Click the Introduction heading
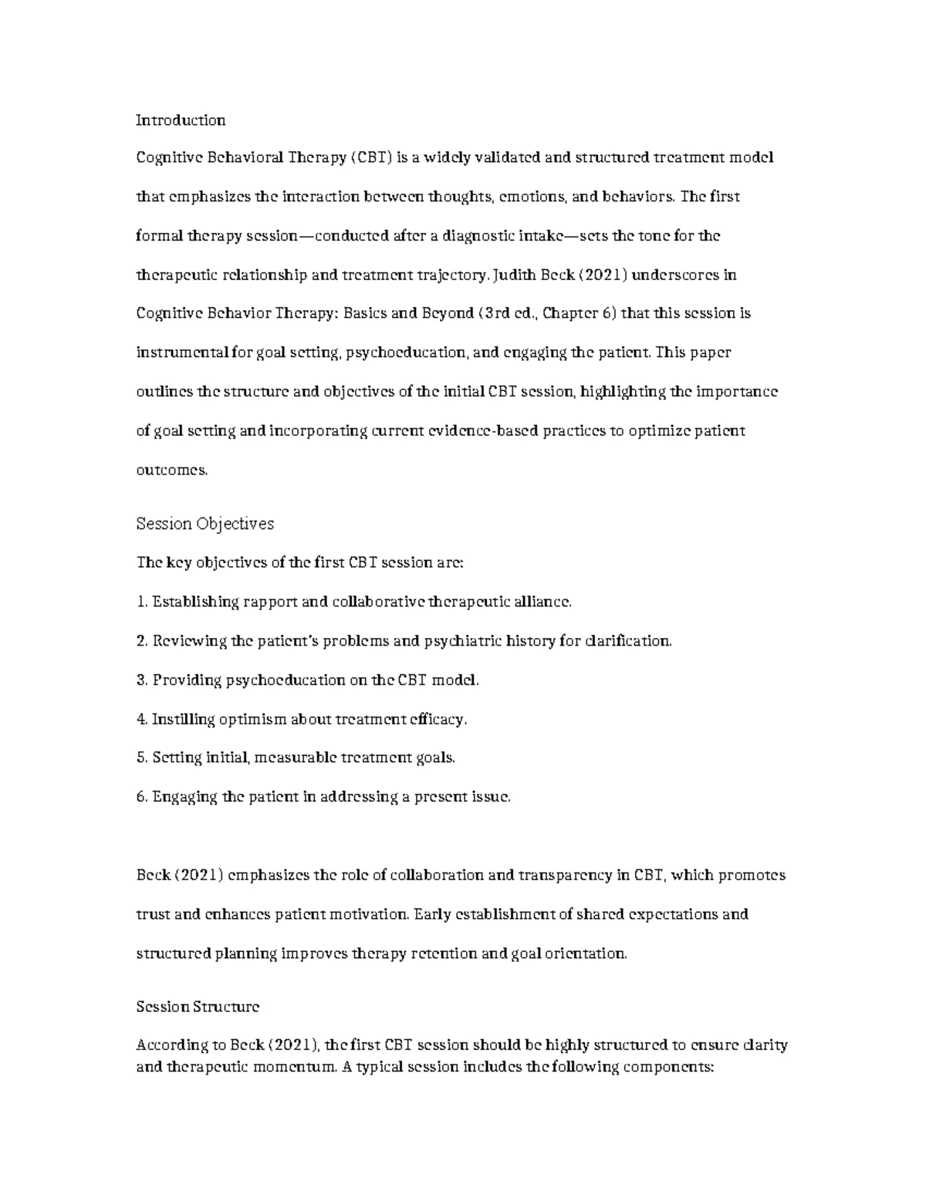pyautogui.click(x=181, y=120)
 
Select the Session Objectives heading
pyautogui.click(x=204, y=524)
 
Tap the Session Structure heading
pyautogui.click(x=198, y=1007)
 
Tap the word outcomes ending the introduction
pyautogui.click(x=171, y=470)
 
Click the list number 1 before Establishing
pyautogui.click(x=140, y=602)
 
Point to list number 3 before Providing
pyautogui.click(x=140, y=680)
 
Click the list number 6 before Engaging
pyautogui.click(x=140, y=798)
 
